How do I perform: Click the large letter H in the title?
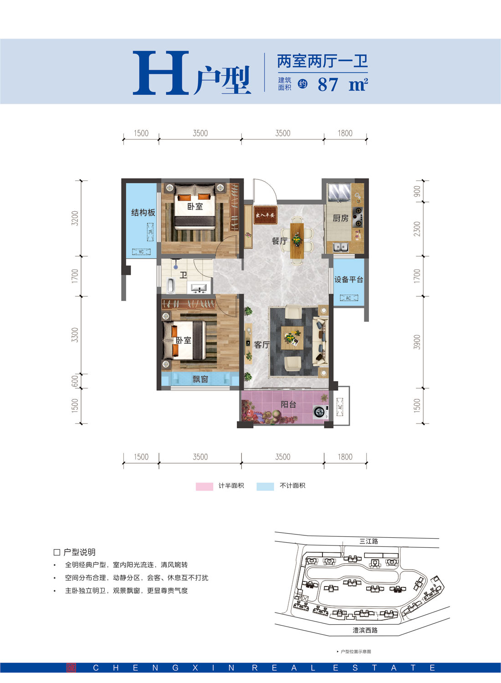click(x=160, y=73)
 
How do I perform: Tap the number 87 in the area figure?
click(x=328, y=85)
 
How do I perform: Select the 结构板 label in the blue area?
click(x=143, y=213)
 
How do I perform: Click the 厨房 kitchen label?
click(x=340, y=218)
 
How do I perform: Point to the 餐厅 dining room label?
click(x=279, y=241)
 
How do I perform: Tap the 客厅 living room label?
click(x=261, y=345)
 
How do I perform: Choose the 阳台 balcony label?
click(x=288, y=404)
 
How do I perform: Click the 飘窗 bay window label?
click(x=200, y=379)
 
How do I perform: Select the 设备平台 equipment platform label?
click(x=348, y=280)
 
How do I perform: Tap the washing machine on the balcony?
click(x=320, y=412)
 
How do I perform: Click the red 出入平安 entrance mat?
click(x=265, y=215)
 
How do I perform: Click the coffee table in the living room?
click(x=292, y=338)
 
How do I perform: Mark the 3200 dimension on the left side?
click(x=75, y=218)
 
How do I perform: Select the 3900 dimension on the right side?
click(x=417, y=342)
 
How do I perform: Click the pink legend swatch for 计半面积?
click(x=204, y=486)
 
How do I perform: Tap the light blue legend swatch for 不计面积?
click(x=265, y=486)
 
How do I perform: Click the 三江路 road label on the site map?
click(x=368, y=541)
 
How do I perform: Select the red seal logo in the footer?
click(x=71, y=668)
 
